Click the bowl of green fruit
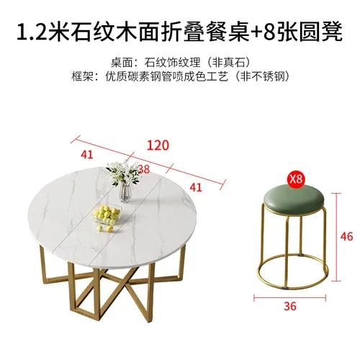[109, 214]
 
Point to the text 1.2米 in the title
[40, 33]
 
